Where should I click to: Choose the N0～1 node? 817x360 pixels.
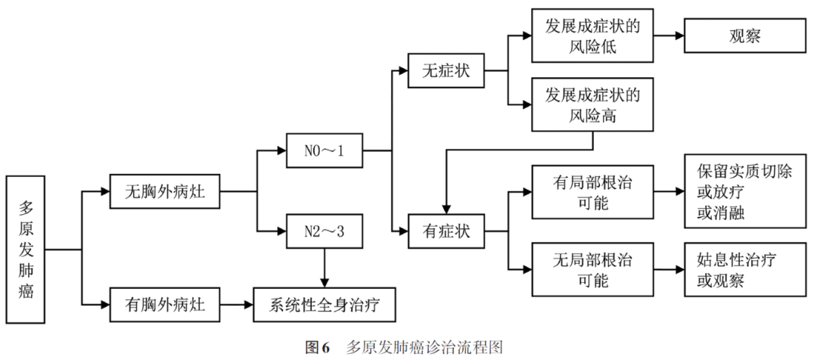[x=324, y=152]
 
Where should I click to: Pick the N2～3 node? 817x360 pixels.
[x=324, y=231]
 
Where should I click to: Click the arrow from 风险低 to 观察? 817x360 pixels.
[x=669, y=35]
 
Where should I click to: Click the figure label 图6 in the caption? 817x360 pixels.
[x=317, y=347]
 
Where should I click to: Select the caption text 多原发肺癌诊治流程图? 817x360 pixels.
[x=424, y=347]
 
